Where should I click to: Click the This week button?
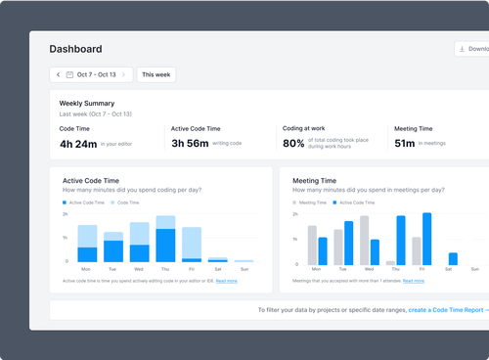point(156,74)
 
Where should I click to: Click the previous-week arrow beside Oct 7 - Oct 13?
point(58,74)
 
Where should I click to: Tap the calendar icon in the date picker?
point(70,74)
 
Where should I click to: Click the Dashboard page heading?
point(75,49)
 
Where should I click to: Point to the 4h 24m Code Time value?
point(78,143)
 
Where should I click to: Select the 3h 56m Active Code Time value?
point(191,143)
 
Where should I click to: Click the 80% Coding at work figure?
point(293,143)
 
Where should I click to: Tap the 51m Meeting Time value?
point(404,143)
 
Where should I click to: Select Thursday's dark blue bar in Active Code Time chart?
point(165,245)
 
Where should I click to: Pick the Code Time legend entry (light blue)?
point(125,202)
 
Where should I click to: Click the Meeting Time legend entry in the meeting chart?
point(311,202)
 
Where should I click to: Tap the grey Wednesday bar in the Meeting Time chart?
point(364,240)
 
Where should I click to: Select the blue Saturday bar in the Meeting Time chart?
point(453,258)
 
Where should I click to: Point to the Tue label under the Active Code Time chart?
point(112,269)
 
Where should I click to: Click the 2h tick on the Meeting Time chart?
point(294,213)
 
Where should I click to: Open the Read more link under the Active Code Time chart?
point(227,281)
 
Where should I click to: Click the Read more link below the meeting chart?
point(413,281)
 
